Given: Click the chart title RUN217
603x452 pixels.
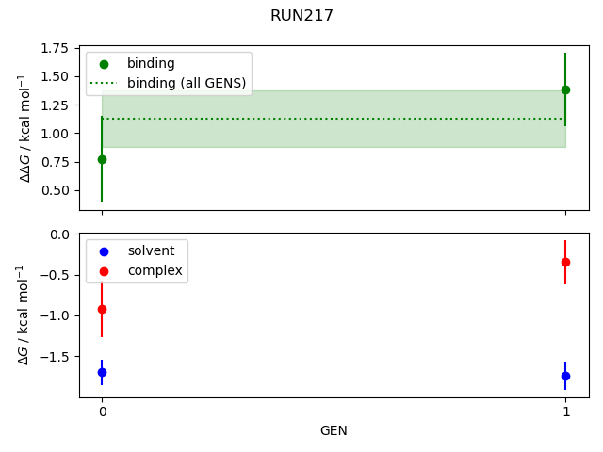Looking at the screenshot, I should tap(301, 16).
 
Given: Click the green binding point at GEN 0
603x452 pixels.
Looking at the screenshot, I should tap(102, 159).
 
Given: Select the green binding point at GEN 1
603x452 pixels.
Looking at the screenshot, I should tap(565, 89).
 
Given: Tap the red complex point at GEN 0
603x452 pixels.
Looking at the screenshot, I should tap(102, 309).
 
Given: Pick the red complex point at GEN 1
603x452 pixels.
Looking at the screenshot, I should tap(565, 262).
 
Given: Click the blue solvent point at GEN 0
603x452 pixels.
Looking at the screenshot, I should tap(102, 372).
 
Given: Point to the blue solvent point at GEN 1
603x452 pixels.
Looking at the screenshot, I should tap(565, 376).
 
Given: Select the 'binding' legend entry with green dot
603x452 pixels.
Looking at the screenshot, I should tap(151, 64).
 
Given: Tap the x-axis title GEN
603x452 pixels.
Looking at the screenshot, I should tap(334, 430).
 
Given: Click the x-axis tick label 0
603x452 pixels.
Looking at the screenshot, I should tap(102, 412).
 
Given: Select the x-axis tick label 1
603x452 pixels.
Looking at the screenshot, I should tap(565, 412).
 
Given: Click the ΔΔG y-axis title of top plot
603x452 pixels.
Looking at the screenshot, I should tap(27, 128).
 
